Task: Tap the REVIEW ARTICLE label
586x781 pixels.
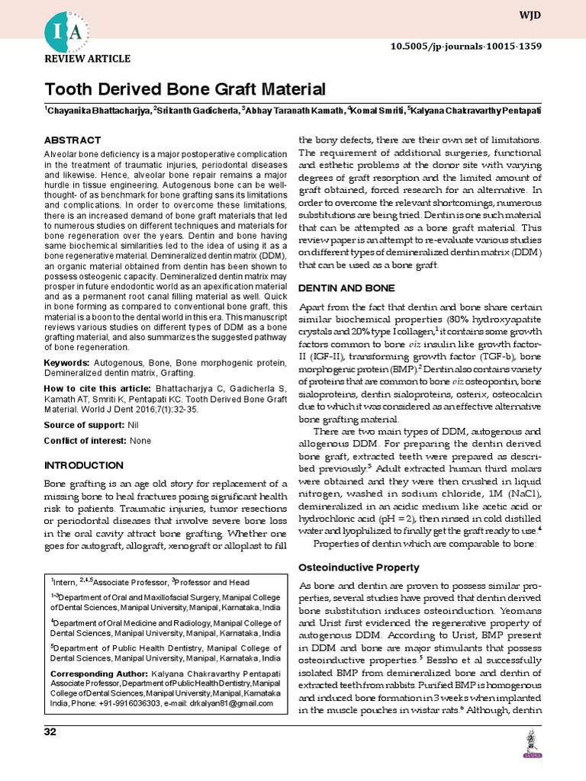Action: (87, 59)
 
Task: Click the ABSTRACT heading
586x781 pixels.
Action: (72, 140)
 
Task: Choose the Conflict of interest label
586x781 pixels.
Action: (85, 441)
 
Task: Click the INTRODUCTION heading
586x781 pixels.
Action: (83, 465)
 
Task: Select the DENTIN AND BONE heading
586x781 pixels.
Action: (346, 288)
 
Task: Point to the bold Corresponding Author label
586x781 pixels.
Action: (97, 674)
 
